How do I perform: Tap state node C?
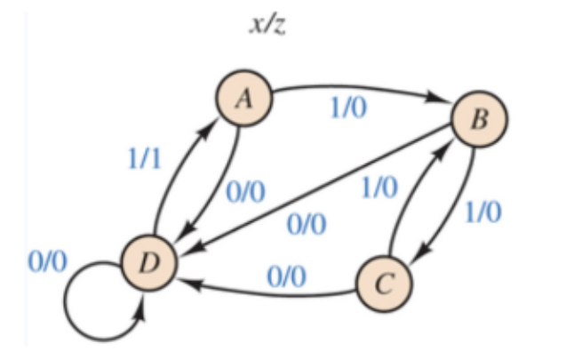(385, 284)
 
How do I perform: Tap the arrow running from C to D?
(267, 290)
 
